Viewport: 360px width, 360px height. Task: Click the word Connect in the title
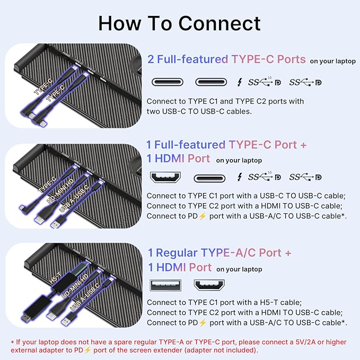tap(219, 23)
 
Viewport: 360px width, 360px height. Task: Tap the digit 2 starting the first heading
tap(151, 59)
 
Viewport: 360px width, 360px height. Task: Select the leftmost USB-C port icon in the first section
tap(169, 82)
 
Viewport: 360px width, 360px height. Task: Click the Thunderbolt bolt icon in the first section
tap(239, 82)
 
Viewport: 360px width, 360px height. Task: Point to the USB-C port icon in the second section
tap(209, 178)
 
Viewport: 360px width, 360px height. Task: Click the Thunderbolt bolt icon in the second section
tap(239, 177)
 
